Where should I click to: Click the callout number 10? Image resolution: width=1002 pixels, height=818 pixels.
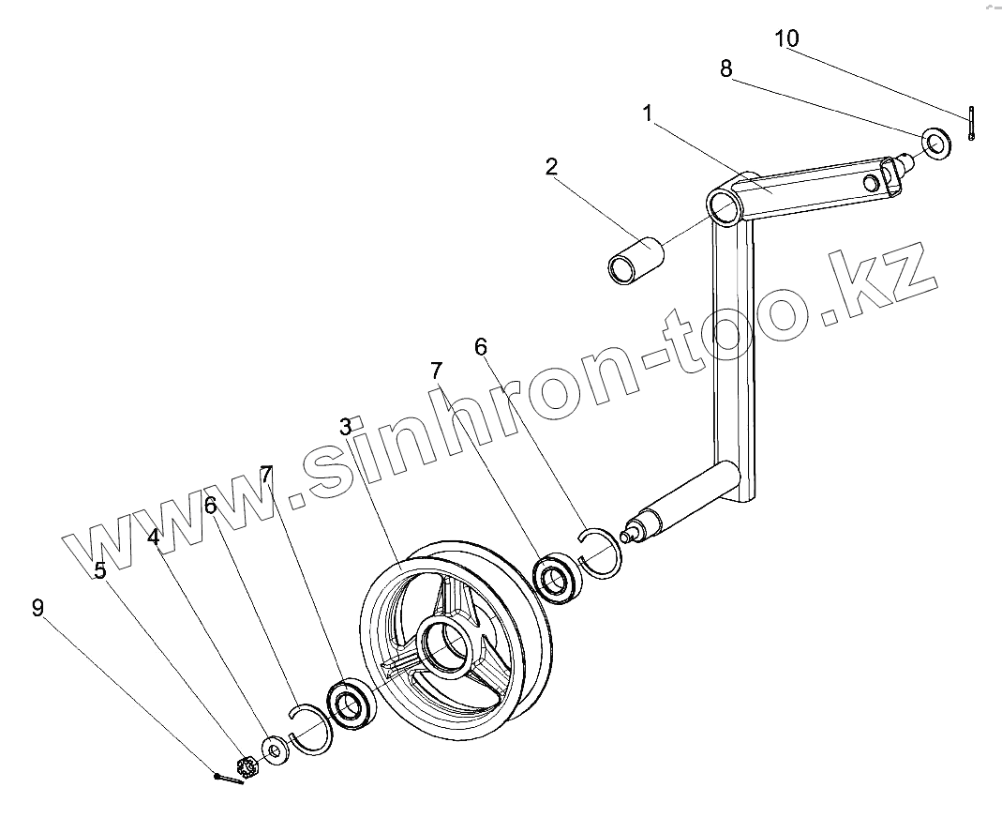(786, 38)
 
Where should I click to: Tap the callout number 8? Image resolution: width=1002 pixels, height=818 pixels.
(726, 68)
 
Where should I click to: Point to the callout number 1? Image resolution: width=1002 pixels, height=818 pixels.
(648, 114)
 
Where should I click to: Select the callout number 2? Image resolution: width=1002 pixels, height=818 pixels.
(551, 167)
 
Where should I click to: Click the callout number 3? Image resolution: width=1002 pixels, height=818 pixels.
(346, 427)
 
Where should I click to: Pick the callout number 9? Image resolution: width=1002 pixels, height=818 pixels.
(37, 608)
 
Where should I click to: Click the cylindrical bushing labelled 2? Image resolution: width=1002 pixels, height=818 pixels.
(636, 260)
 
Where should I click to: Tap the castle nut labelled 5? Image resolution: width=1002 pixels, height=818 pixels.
(248, 766)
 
